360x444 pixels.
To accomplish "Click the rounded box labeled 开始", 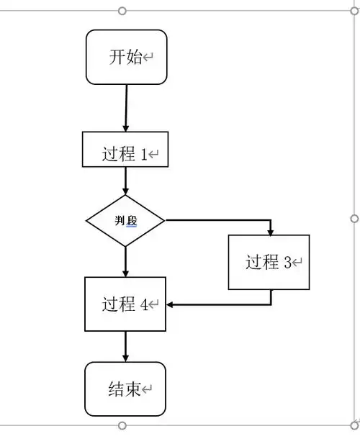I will (126, 57).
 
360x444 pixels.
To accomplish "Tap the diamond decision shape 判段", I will (125, 221).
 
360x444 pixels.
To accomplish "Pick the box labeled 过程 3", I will (269, 262).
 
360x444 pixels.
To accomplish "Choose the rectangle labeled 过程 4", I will (125, 304).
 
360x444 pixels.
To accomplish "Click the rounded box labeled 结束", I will (125, 389).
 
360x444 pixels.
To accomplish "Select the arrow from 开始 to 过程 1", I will (126, 108).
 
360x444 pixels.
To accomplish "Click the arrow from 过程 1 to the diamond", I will (125, 181).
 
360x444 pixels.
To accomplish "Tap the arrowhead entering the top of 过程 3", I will (270, 231).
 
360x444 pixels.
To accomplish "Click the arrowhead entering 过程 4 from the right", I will (171, 304).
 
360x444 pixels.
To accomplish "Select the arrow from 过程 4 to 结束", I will (125, 346).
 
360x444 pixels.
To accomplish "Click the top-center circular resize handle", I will (122, 11).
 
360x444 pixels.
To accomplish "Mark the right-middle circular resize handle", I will (354, 218).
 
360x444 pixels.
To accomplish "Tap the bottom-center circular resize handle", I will (122, 425).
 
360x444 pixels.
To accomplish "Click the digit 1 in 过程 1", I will (143, 154).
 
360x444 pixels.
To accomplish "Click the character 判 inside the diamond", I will (120, 221).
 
